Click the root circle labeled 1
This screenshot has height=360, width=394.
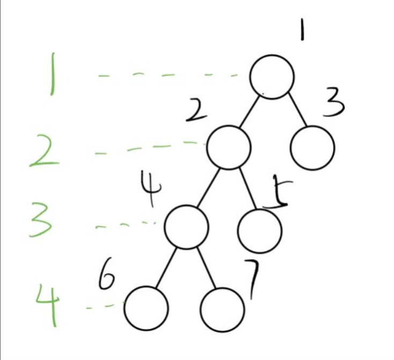(272, 77)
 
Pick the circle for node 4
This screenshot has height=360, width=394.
(186, 227)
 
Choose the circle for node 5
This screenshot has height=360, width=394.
(260, 231)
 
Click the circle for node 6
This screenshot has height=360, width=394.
(147, 308)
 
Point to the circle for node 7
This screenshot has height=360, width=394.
(222, 309)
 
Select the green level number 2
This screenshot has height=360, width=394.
(47, 150)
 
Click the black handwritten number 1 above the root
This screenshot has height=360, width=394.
(302, 27)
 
